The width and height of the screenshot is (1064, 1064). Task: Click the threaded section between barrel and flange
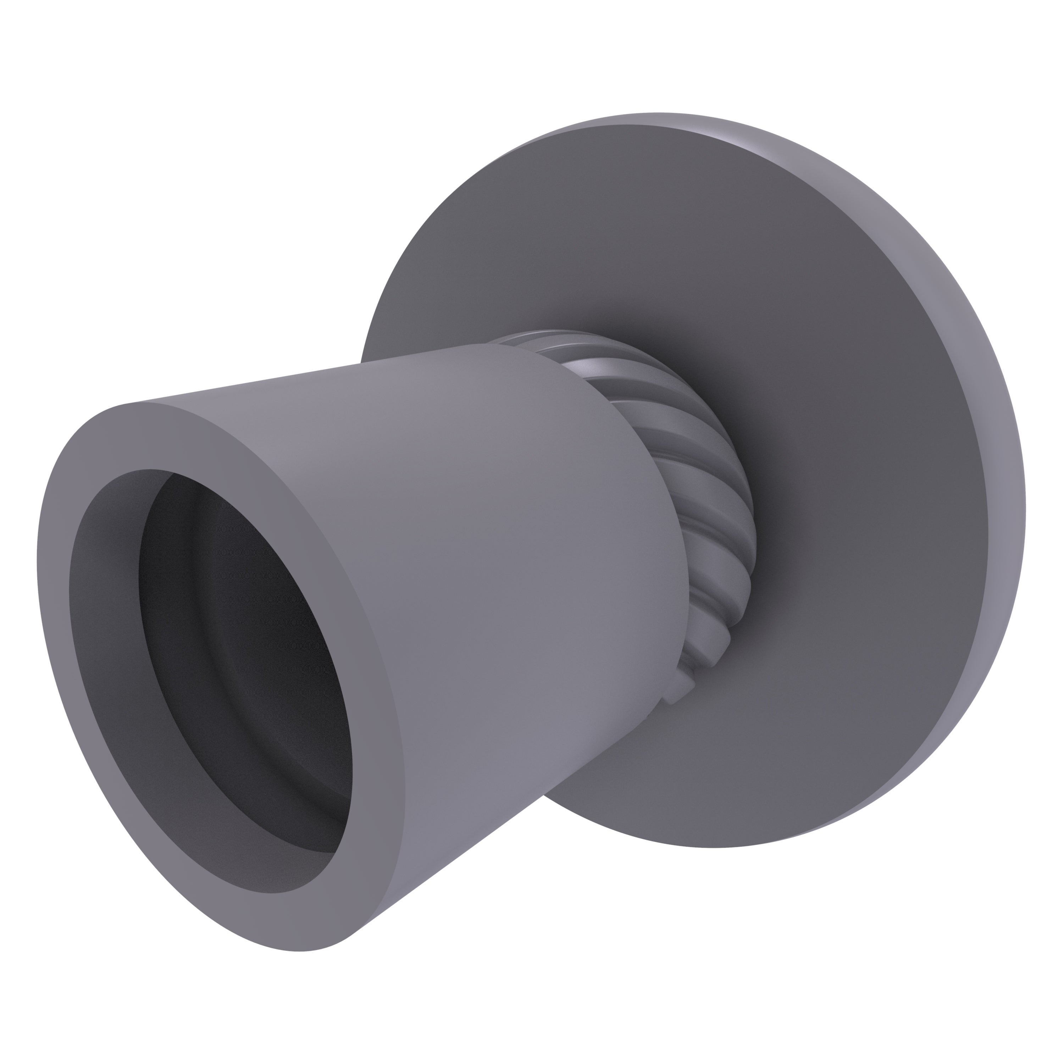coord(710,523)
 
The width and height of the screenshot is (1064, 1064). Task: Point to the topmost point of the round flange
coord(655,113)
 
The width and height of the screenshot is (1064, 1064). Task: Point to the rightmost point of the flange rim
coord(1025,512)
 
